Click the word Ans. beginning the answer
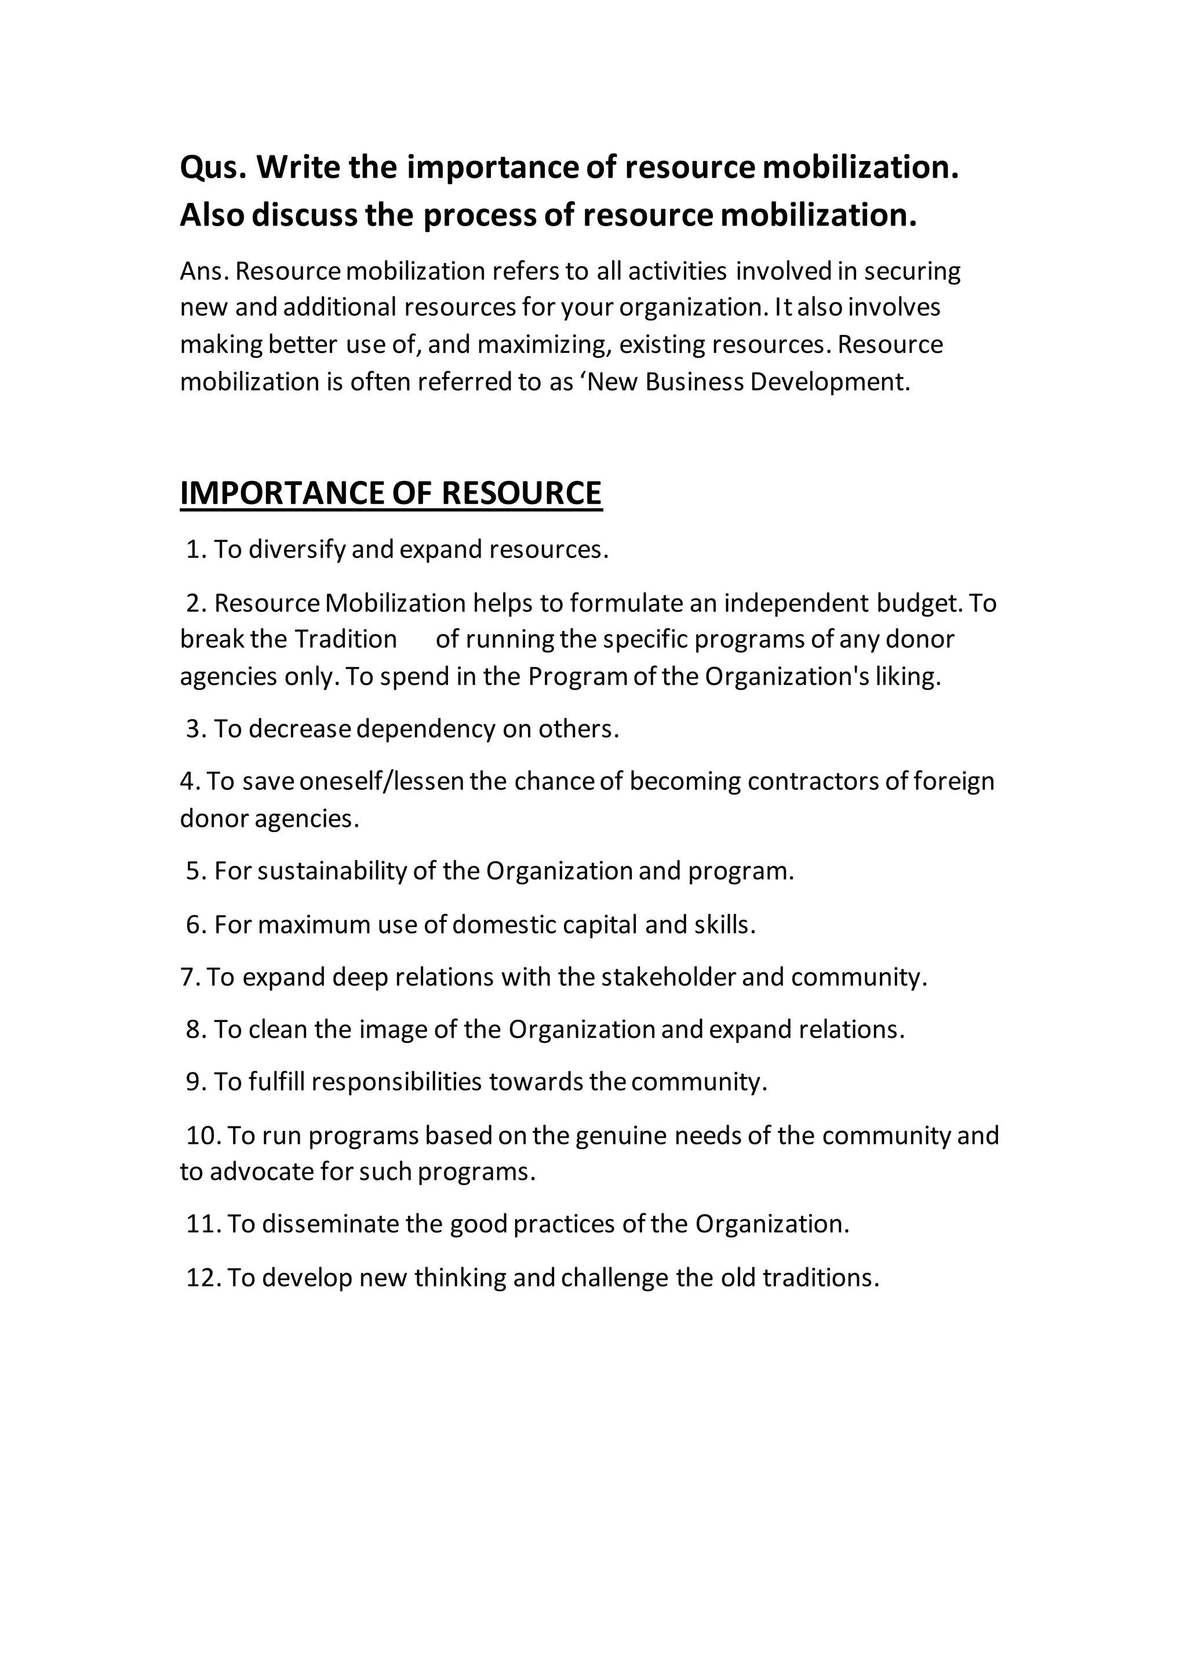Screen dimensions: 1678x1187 point(205,271)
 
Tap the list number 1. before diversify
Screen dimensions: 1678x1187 point(196,550)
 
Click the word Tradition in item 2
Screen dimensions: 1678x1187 point(345,640)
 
